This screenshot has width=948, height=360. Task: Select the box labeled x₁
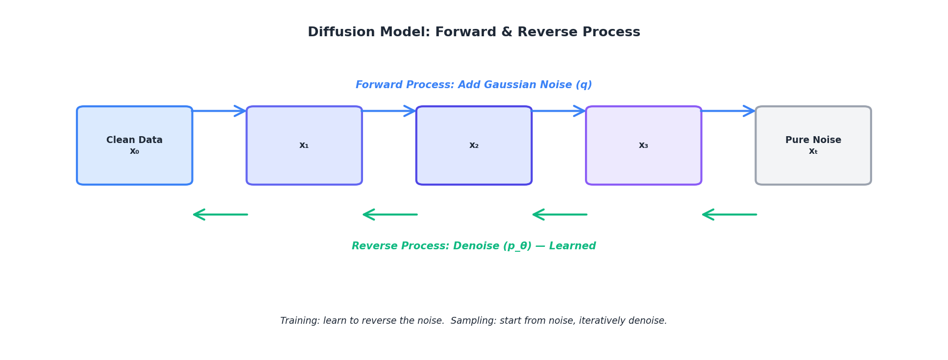pyautogui.click(x=304, y=145)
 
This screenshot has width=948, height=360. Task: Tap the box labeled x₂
pyautogui.click(x=474, y=145)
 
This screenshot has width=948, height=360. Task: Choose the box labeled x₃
pyautogui.click(x=643, y=145)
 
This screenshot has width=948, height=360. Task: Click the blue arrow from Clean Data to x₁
pyautogui.click(x=219, y=111)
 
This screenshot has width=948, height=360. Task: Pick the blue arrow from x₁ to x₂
pyautogui.click(x=389, y=111)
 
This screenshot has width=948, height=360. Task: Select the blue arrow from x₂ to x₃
pyautogui.click(x=559, y=111)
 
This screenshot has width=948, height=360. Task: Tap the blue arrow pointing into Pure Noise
pyautogui.click(x=728, y=111)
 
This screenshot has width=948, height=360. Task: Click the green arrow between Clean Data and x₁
pyautogui.click(x=220, y=215)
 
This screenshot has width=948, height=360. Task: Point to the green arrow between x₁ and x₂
pyautogui.click(x=390, y=215)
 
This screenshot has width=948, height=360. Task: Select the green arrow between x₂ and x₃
pyautogui.click(x=559, y=215)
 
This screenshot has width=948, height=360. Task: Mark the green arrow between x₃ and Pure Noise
pyautogui.click(x=729, y=215)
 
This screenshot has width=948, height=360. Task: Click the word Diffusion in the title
pyautogui.click(x=341, y=32)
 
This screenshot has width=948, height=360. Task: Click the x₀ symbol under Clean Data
pyautogui.click(x=134, y=151)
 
